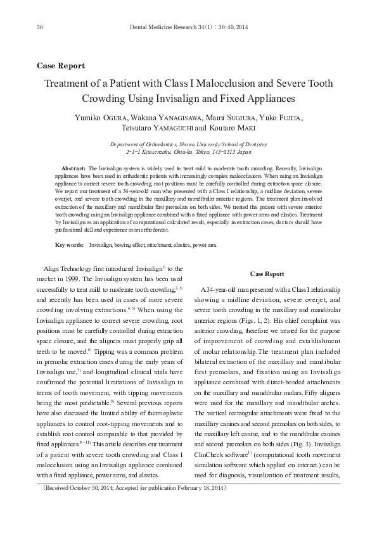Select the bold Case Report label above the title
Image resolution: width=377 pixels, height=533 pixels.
61,66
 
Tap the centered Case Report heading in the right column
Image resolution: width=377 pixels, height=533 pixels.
267,273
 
